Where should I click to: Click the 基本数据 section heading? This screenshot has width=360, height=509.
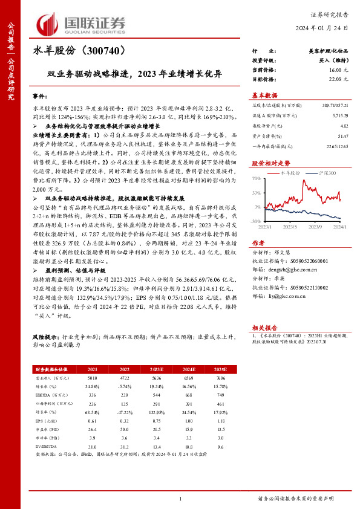[264, 95]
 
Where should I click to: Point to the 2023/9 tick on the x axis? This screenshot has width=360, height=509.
[315, 227]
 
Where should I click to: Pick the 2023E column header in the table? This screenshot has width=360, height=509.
[157, 368]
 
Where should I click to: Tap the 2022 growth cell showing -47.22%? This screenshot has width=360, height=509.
[124, 411]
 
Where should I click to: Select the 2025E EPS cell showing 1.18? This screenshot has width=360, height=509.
[220, 420]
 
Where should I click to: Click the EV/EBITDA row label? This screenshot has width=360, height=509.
[44, 446]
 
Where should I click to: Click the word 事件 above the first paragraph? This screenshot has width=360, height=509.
[39, 96]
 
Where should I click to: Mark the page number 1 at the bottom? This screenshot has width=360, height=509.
[180, 499]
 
